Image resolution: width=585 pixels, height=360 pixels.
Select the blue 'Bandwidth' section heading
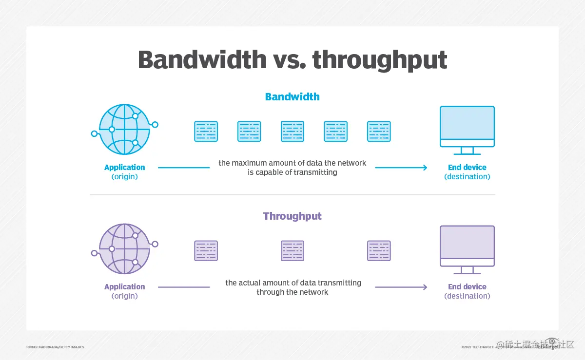tap(292, 97)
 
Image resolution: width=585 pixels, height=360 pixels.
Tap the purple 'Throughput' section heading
tap(292, 216)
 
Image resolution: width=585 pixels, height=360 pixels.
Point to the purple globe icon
tap(125, 248)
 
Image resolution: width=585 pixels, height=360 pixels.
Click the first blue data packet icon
tap(206, 132)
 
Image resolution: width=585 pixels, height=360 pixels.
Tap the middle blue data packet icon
tap(292, 132)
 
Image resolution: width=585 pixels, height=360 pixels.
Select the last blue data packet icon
tap(379, 132)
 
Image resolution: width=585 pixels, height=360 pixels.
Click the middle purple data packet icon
tap(292, 251)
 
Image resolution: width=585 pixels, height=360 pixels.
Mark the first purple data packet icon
tap(206, 251)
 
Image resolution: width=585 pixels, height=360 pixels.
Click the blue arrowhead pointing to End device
tap(425, 168)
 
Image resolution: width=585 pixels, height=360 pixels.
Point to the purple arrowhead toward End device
tap(425, 287)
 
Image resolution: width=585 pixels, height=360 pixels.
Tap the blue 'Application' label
tap(125, 168)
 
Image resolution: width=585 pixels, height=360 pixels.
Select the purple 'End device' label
tap(467, 287)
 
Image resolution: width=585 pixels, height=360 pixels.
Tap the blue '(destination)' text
tap(467, 177)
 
